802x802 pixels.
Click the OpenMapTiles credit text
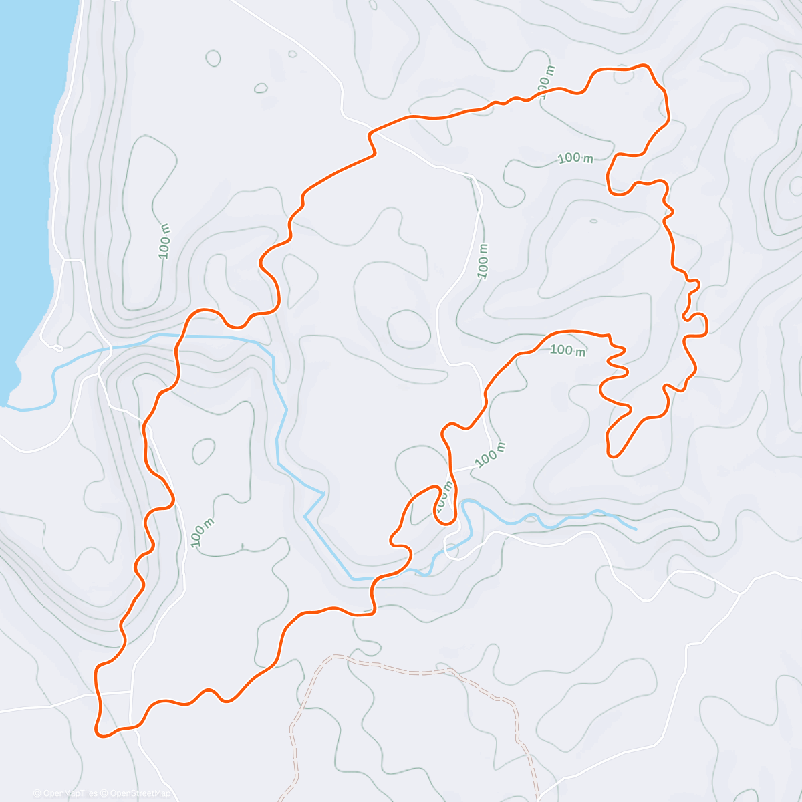tap(65, 793)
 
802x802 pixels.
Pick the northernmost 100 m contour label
tap(545, 86)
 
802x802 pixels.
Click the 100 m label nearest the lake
tap(165, 241)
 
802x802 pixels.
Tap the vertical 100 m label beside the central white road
tap(483, 261)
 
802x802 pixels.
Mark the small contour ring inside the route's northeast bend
tap(624, 75)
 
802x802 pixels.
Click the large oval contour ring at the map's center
tap(408, 329)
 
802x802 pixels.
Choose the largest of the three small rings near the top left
tap(213, 59)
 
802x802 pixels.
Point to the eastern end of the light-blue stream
tap(635, 529)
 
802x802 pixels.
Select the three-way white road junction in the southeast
tap(739, 593)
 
